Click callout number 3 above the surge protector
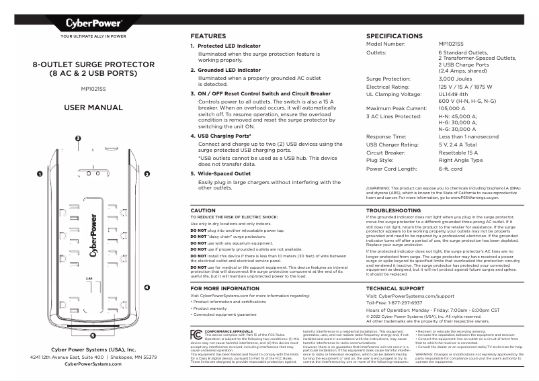click(78, 138)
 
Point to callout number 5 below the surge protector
click(93, 334)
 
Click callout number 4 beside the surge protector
click(147, 288)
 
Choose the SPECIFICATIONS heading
click(394, 36)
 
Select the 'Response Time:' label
click(388, 136)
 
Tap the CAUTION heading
click(204, 210)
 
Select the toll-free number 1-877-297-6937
click(416, 302)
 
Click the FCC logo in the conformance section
click(196, 333)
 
